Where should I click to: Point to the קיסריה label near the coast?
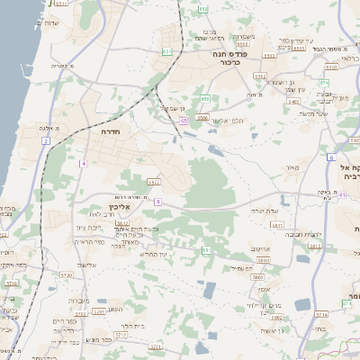tap(60, 66)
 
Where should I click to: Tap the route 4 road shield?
tap(83, 163)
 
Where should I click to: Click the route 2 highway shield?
tap(45, 141)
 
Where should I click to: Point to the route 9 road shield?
tap(157, 202)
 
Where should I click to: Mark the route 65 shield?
tap(183, 120)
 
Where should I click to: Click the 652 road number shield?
tap(203, 9)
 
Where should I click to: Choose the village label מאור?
tap(291, 167)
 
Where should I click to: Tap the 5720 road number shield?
tap(65, 274)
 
